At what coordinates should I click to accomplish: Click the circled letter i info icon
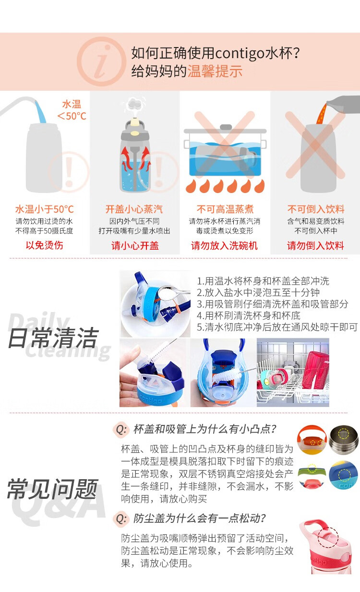pos(101,61)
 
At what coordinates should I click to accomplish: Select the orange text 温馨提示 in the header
pos(215,72)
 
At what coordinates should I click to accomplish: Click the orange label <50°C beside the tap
pos(72,116)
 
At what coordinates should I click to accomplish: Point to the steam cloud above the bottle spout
pos(135,103)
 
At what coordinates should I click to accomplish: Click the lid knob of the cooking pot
pos(226,127)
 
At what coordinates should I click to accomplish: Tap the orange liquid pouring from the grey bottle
pos(322,114)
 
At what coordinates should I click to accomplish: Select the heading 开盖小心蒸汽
pos(134,209)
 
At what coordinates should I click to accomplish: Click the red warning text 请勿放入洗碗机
pos(224,245)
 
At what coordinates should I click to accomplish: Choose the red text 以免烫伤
pos(44,245)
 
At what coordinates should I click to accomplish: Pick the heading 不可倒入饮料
pos(316,209)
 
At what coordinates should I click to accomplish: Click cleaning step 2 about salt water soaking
pos(258,292)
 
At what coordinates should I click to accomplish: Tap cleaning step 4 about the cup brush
pos(249,315)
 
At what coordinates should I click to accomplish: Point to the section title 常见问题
pos(52,489)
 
